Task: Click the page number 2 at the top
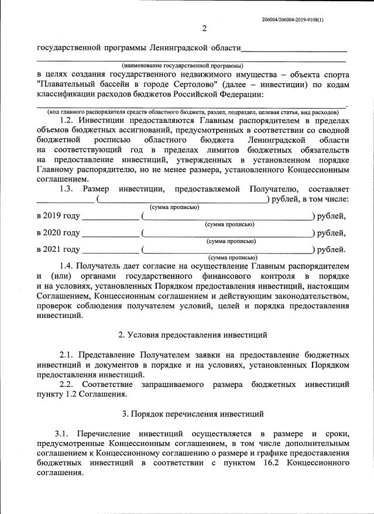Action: (204, 29)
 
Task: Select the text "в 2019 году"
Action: (57, 216)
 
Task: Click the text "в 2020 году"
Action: (57, 233)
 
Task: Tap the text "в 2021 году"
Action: (57, 250)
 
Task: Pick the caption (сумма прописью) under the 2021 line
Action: (232, 258)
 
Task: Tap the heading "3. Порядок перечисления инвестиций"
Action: (193, 414)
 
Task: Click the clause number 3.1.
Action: (63, 434)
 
